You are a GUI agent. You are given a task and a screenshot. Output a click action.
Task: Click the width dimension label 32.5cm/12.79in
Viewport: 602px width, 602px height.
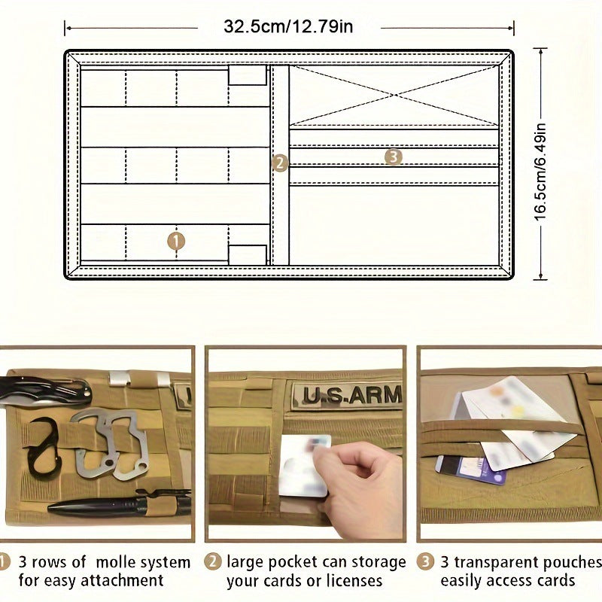[x=288, y=27]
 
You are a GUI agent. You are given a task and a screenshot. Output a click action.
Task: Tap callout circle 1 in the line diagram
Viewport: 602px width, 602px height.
[x=175, y=241]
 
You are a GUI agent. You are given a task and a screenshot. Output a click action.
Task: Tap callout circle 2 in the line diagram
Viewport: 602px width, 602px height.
[x=280, y=163]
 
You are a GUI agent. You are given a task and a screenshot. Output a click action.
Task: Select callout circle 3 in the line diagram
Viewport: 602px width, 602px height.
[x=393, y=157]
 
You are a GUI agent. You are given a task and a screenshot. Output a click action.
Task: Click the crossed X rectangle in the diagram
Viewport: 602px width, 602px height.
[x=394, y=95]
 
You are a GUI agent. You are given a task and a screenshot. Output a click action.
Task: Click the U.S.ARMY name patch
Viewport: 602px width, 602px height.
[x=347, y=395]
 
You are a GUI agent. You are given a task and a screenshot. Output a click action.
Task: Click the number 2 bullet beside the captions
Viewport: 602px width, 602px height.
[x=214, y=561]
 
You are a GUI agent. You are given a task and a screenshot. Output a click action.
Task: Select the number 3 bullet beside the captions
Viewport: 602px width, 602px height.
[x=425, y=561]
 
